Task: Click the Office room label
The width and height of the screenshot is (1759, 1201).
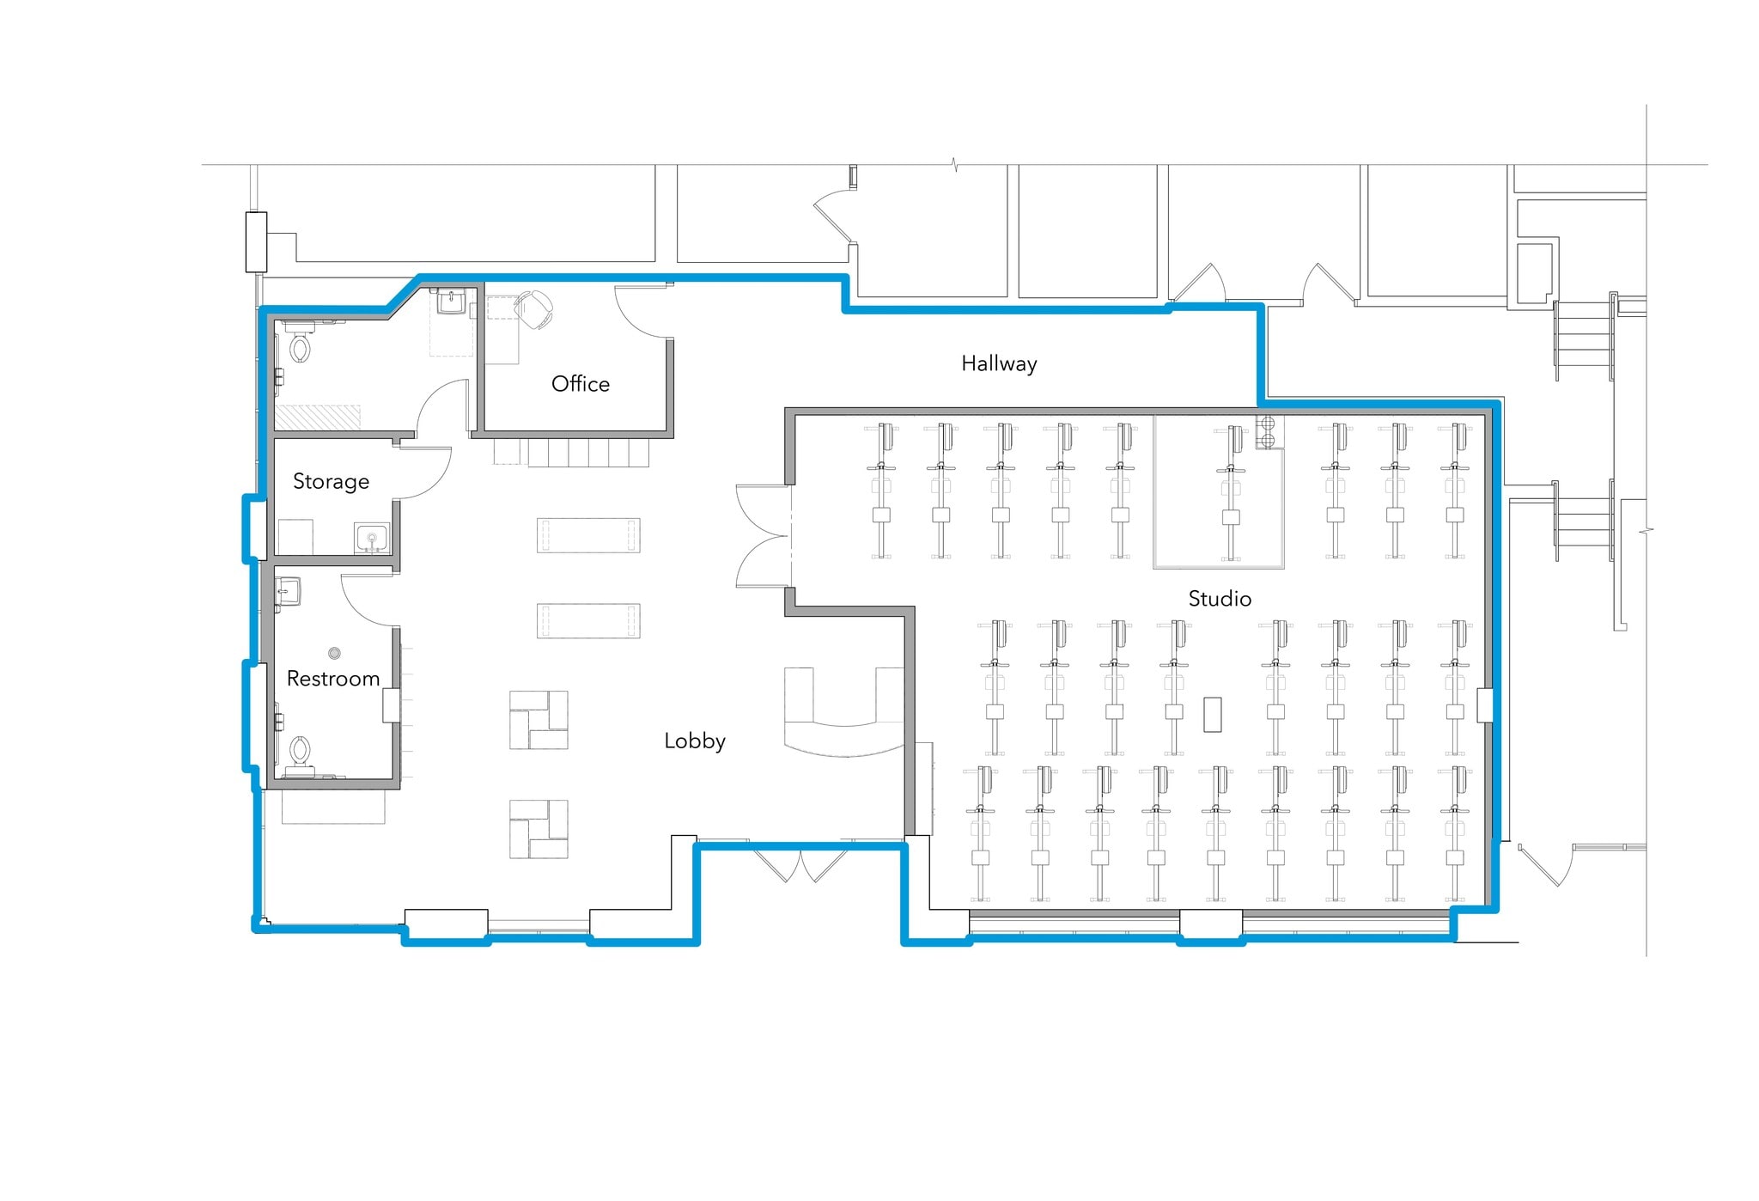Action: pos(581,384)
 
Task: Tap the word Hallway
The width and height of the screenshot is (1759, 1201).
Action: pos(999,364)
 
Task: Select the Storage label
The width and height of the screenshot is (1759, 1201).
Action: pos(331,482)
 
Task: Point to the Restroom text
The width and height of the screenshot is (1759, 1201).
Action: pos(333,679)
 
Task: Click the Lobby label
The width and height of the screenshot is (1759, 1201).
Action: pos(695,741)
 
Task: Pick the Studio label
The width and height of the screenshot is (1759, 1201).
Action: pos(1220,599)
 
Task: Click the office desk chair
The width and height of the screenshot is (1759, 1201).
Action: pos(534,308)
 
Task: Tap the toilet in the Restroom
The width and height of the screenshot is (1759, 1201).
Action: pos(300,752)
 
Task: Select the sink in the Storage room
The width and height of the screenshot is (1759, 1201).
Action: pos(372,538)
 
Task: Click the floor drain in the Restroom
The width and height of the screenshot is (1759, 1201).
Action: pos(335,653)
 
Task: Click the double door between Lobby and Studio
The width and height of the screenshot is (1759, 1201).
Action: pos(764,536)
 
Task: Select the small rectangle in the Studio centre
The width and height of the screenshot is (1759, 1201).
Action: pos(1213,715)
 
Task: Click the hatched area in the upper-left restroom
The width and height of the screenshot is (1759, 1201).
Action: pos(317,418)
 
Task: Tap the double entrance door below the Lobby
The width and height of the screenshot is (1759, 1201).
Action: pos(801,865)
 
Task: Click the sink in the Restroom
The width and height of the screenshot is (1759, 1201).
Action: pos(288,592)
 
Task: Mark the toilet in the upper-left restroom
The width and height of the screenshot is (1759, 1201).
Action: pos(300,344)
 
